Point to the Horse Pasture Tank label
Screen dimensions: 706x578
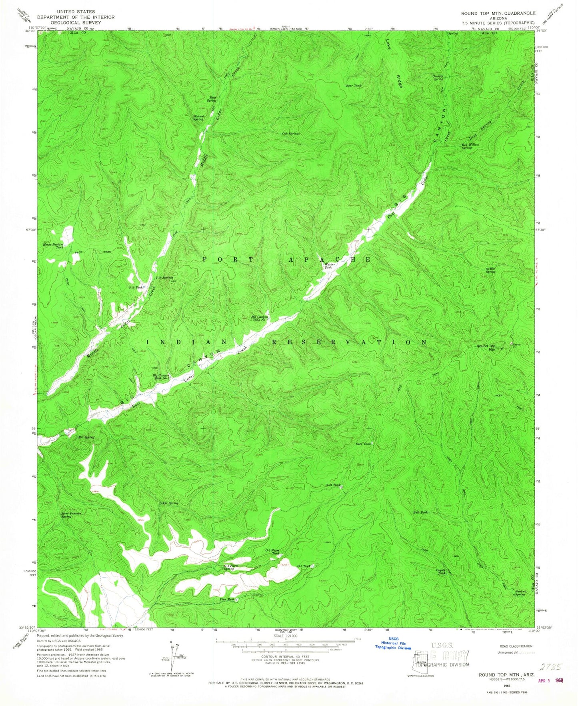point(54,245)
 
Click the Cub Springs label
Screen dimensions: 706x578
point(291,134)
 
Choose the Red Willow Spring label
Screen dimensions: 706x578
point(470,146)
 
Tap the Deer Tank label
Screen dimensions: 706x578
point(363,443)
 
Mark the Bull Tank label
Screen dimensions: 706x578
point(420,512)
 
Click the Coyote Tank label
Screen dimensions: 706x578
point(441,572)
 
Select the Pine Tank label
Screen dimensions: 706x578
point(227,599)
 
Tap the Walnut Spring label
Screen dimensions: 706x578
point(198,118)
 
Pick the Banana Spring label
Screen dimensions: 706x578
point(519,593)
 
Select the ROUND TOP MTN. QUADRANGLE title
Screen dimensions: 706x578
point(498,13)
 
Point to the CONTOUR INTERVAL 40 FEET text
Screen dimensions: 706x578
point(285,656)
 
